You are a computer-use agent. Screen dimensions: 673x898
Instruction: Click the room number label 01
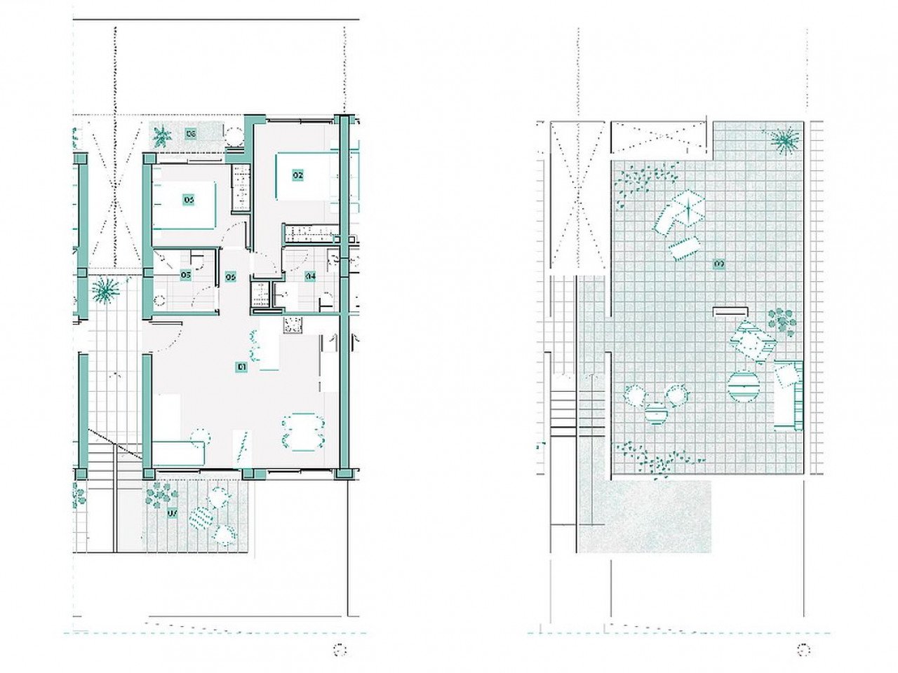(x=241, y=366)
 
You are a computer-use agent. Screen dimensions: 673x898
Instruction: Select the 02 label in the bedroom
(x=297, y=175)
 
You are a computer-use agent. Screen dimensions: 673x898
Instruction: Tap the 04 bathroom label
(x=310, y=276)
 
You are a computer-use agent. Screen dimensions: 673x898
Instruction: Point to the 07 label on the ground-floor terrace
(x=172, y=514)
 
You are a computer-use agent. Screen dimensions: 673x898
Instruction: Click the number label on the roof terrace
(x=718, y=264)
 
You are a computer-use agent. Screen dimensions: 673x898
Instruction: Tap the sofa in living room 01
(x=177, y=452)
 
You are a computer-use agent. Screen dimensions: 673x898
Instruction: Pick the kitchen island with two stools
(x=267, y=348)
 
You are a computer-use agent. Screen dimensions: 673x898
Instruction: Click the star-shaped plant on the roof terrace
(x=785, y=140)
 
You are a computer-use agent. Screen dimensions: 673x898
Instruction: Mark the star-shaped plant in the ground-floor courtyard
(x=106, y=289)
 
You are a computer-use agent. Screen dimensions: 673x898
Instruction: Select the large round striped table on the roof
(x=744, y=386)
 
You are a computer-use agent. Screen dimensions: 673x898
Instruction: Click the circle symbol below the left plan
(x=341, y=650)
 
